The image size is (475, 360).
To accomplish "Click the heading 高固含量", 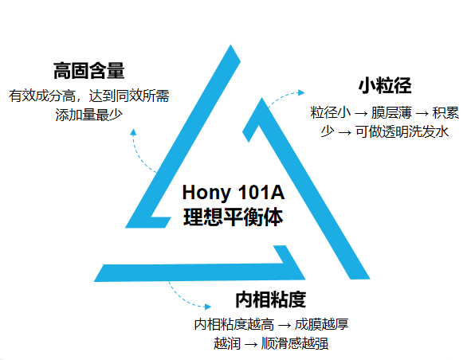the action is pos(88,71).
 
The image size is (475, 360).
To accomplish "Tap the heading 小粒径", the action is pos(385,85).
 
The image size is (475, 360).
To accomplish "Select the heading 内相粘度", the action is pos(270,299).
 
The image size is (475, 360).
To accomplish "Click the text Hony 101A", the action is pos(234,192).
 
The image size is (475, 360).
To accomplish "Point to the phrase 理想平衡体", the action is pos(234,217).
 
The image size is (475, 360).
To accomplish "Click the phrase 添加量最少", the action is pos(88,115).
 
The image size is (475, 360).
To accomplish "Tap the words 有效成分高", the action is pos(42,96).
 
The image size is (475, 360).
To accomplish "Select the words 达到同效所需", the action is pos(129,96).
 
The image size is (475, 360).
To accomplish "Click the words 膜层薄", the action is pos(391,112).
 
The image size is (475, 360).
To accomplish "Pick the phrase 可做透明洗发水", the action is pos(402,131).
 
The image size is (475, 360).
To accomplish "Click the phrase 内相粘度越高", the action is pos(234,324).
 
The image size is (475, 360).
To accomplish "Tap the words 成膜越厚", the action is pos(321,324).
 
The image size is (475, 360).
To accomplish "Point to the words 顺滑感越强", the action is pos(295,343).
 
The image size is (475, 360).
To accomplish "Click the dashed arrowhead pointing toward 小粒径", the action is pos(301,92).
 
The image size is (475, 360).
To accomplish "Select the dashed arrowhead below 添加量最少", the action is pos(133,132).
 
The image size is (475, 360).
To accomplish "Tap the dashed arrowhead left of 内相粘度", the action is pos(208,307).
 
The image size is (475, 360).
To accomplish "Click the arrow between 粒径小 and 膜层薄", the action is pos(361,114).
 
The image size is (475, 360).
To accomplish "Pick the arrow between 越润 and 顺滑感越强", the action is pos(251,345).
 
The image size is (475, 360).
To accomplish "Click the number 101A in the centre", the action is pos(261,192).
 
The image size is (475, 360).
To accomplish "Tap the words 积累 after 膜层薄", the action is pos(446,112).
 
